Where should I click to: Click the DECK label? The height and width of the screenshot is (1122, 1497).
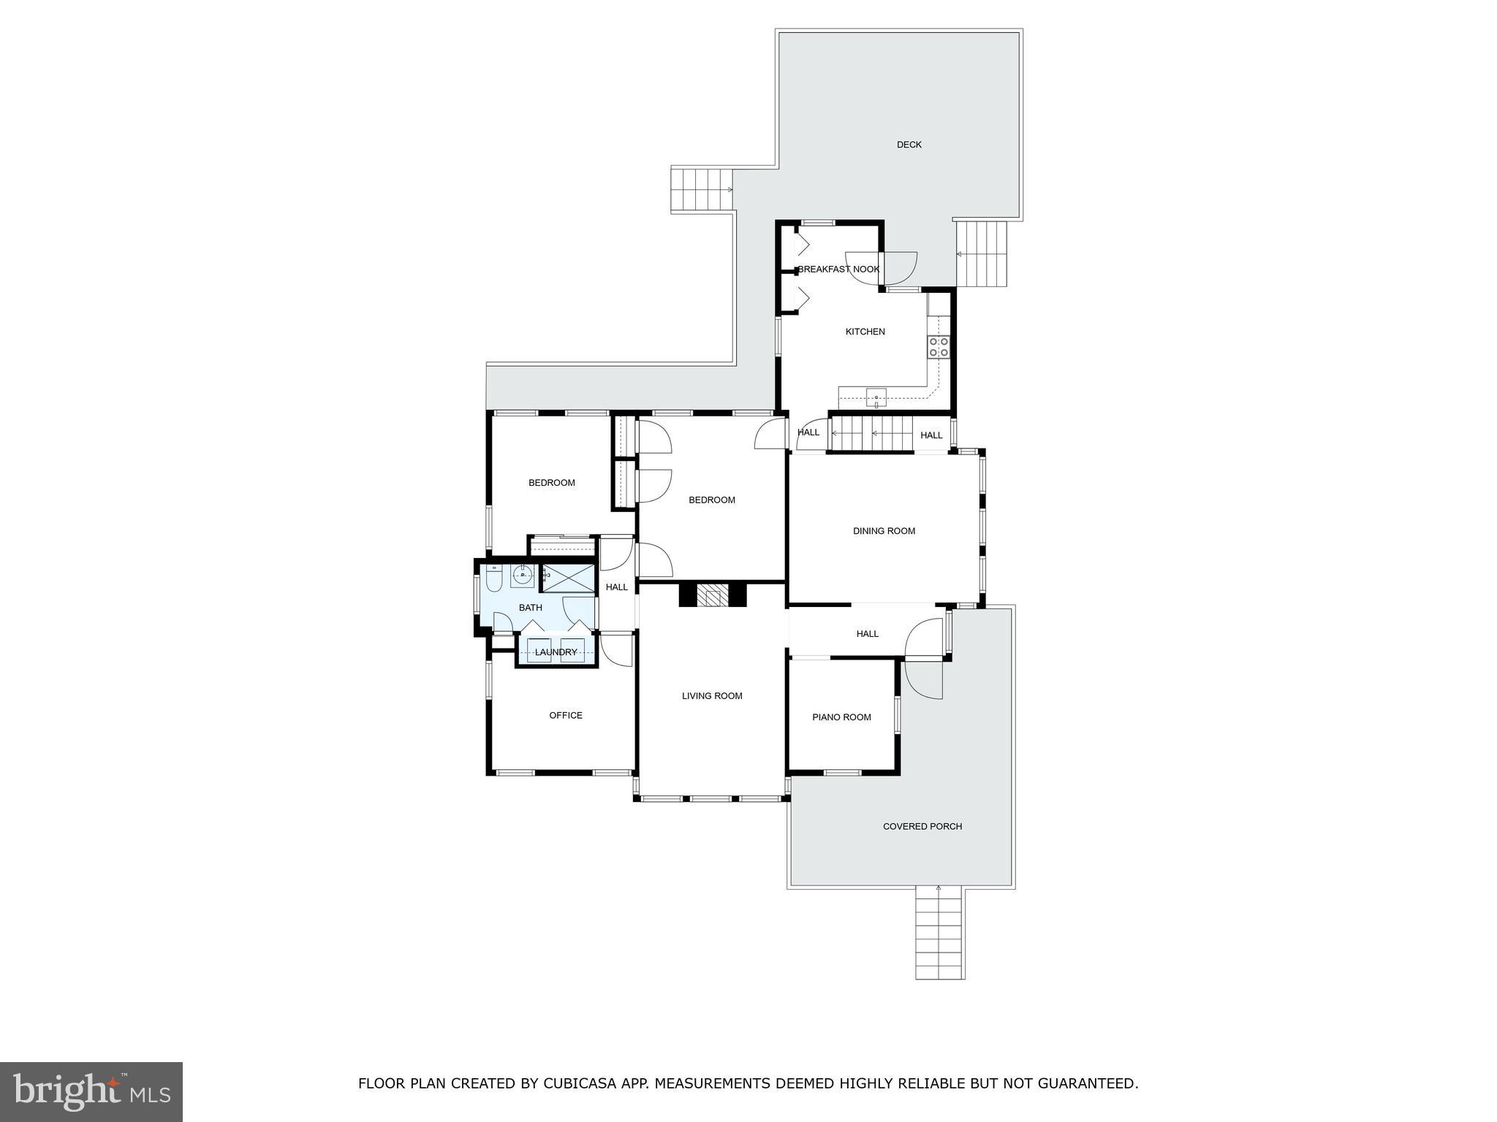tap(909, 145)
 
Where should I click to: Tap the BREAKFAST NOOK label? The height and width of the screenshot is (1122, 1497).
tap(838, 270)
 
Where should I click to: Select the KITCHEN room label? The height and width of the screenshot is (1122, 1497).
tap(865, 332)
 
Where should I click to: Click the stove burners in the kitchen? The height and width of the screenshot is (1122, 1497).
tap(939, 347)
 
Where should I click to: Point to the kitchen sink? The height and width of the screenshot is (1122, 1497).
tap(876, 397)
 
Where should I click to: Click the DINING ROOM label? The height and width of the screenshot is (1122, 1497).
tap(884, 531)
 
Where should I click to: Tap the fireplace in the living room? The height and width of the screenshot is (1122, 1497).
tap(712, 595)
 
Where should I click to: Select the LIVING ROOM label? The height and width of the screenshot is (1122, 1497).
tap(712, 696)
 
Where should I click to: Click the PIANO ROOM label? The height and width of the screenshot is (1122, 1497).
tap(841, 717)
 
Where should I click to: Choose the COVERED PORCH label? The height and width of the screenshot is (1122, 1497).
tap(922, 827)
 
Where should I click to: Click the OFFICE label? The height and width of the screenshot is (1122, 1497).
tap(566, 716)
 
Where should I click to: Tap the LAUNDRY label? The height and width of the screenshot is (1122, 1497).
tap(556, 652)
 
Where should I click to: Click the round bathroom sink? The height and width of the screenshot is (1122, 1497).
tap(523, 576)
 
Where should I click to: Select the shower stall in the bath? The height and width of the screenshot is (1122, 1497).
tap(568, 578)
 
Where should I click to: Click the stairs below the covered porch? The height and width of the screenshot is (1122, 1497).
tap(940, 935)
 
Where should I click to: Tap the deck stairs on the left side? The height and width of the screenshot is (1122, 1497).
tap(701, 190)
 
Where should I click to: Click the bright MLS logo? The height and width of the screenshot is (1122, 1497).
tap(91, 1091)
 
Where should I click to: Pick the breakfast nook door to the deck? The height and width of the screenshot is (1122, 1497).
tap(899, 267)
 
